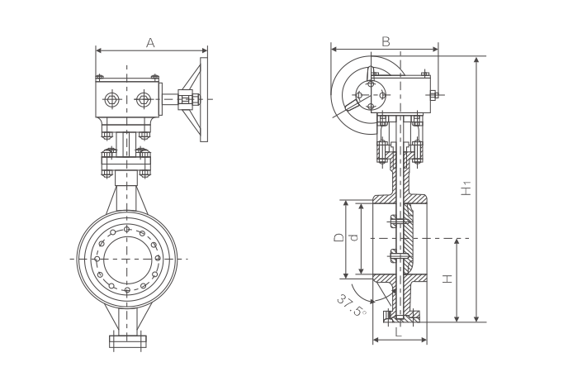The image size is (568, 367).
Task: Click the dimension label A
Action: pyautogui.click(x=150, y=42)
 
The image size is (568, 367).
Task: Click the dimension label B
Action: pyautogui.click(x=385, y=41)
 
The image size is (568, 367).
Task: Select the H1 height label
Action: pyautogui.click(x=466, y=188)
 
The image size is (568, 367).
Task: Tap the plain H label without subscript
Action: pyautogui.click(x=447, y=279)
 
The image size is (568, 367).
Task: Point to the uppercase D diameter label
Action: pyautogui.click(x=338, y=238)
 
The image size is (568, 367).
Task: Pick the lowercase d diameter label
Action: pyautogui.click(x=353, y=238)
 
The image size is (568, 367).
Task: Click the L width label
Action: pyautogui.click(x=398, y=332)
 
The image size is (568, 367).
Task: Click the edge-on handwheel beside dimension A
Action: pyautogui.click(x=204, y=100)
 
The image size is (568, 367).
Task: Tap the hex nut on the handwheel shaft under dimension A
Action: pyautogui.click(x=186, y=100)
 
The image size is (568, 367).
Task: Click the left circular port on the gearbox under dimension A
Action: pyautogui.click(x=111, y=100)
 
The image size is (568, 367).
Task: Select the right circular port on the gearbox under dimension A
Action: pyautogui.click(x=144, y=100)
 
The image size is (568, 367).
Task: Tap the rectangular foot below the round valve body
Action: pyautogui.click(x=127, y=341)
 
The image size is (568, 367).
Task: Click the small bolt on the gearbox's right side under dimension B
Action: pyautogui.click(x=433, y=95)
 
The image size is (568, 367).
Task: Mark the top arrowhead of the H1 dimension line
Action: pyautogui.click(x=476, y=60)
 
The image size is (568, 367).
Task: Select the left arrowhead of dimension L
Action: pyautogui.click(x=376, y=339)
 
